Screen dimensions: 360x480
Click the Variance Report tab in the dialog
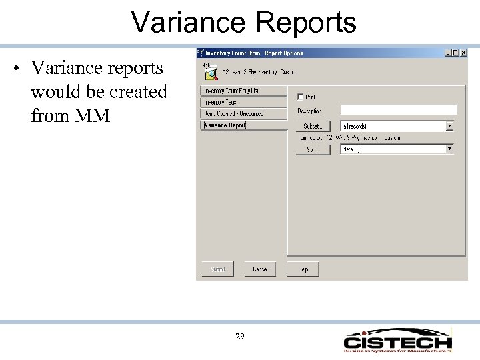(225, 125)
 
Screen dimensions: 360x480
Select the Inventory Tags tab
(221, 102)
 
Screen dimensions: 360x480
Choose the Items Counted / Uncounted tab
(233, 113)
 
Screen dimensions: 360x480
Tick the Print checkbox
(300, 97)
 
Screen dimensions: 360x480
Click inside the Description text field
(398, 109)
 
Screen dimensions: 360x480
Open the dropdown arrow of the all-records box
(450, 125)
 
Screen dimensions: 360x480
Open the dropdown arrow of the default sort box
(450, 149)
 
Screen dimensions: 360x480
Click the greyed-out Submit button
(218, 269)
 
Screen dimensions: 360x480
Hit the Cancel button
(260, 269)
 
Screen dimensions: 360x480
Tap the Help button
(303, 269)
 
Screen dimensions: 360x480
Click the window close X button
(464, 53)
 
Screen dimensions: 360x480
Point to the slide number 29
(240, 337)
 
